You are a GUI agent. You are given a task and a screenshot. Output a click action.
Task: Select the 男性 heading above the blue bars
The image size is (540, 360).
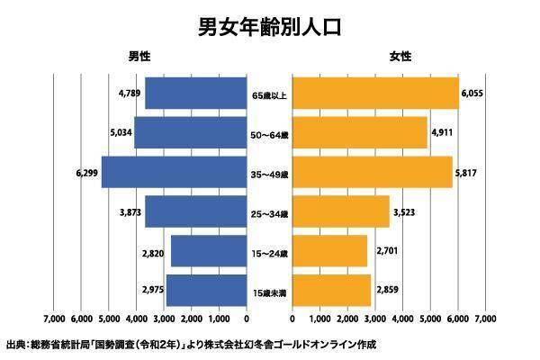coord(139,56)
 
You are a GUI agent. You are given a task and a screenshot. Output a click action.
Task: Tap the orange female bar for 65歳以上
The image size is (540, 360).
coord(375,93)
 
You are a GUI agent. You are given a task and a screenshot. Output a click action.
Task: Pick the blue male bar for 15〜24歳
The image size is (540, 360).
coord(208,251)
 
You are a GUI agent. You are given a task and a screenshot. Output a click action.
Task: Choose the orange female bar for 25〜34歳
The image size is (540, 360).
coord(341,211)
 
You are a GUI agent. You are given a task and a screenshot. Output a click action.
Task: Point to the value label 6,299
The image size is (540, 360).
coord(87,171)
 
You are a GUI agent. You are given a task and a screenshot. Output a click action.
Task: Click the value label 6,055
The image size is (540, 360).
coord(473,93)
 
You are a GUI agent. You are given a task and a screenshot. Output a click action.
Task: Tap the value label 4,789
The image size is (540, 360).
coord(129,93)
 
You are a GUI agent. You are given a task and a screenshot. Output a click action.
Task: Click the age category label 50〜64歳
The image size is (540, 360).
coord(269,134)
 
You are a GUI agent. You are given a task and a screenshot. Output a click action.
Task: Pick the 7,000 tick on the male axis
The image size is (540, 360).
coord(54,319)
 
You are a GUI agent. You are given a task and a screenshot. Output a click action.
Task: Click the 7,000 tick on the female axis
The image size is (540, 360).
coord(486,319)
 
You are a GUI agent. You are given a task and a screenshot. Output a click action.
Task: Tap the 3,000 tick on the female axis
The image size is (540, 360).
coord(375,319)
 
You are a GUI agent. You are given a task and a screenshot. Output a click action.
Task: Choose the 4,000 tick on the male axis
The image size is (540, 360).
coord(137,319)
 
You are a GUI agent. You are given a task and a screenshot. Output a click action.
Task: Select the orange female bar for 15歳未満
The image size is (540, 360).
coord(331,290)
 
